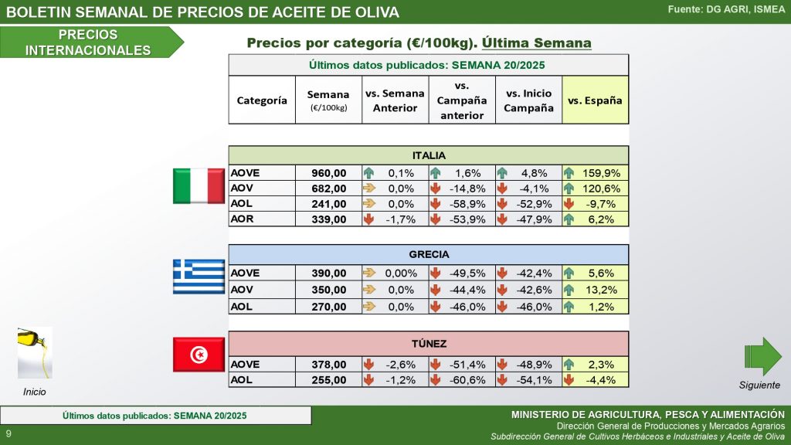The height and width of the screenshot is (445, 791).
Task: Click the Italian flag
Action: click(x=199, y=187)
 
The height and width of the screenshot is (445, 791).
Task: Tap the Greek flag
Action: click(x=199, y=277)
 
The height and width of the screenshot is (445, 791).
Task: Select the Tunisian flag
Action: click(x=199, y=355)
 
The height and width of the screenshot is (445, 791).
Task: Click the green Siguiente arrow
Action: click(x=762, y=356)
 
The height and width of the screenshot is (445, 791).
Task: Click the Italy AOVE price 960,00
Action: click(x=328, y=172)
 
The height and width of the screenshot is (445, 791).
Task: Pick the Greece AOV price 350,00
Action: click(x=328, y=290)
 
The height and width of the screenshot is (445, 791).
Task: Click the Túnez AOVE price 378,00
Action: click(x=328, y=365)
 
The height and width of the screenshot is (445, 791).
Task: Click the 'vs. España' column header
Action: click(x=595, y=100)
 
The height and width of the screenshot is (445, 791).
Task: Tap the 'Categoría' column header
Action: click(x=262, y=100)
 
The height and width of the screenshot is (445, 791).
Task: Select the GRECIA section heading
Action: click(x=429, y=254)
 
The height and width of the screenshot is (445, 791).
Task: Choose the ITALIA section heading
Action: click(x=429, y=155)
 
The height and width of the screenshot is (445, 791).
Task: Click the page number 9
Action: click(x=8, y=433)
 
